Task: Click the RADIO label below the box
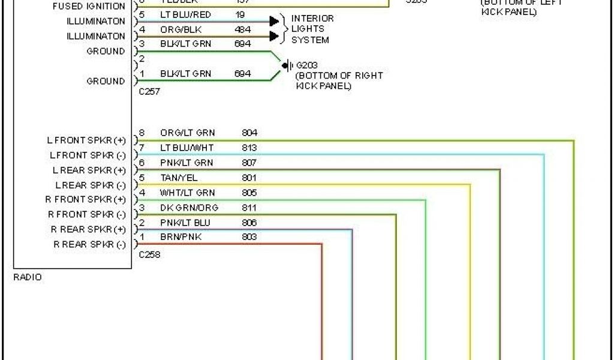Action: [x=28, y=278]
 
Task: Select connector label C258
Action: [x=149, y=254]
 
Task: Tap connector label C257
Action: [x=149, y=92]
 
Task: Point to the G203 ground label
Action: [x=306, y=65]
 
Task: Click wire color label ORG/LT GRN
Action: [x=188, y=133]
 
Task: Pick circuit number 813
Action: [x=249, y=148]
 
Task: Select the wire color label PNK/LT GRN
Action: [x=186, y=163]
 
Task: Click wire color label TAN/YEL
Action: [x=179, y=178]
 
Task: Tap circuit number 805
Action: [x=249, y=193]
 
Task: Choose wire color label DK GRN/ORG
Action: [x=189, y=208]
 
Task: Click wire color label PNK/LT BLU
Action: [x=185, y=223]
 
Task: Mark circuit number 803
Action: [x=249, y=237]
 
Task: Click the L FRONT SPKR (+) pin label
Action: [x=86, y=140]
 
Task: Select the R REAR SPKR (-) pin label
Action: [x=89, y=245]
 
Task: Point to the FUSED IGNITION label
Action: [x=89, y=7]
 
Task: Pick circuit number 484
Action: [x=243, y=29]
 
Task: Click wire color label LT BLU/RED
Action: [x=185, y=14]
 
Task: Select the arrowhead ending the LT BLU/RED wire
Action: [x=275, y=22]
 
